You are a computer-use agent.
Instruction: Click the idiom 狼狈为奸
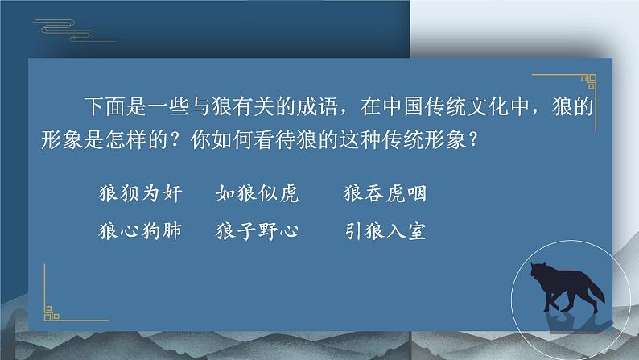point(140,192)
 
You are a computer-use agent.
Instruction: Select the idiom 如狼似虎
point(258,192)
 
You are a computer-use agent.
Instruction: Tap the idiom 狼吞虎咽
point(385,192)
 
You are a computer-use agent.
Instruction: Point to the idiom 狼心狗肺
point(140,231)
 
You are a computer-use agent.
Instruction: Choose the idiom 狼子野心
point(258,231)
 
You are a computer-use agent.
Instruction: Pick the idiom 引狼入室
point(385,231)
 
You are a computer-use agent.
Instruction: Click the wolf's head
point(538,271)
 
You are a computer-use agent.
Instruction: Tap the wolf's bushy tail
point(596,292)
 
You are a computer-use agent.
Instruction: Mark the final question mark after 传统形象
point(472,140)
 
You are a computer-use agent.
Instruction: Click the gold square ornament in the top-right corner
point(588,81)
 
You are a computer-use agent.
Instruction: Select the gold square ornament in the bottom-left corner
point(52,313)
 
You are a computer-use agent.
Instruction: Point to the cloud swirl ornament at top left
point(76,30)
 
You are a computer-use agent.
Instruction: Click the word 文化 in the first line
point(487,106)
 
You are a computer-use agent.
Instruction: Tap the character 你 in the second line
point(200,140)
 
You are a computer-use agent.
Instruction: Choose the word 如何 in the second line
point(232,140)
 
